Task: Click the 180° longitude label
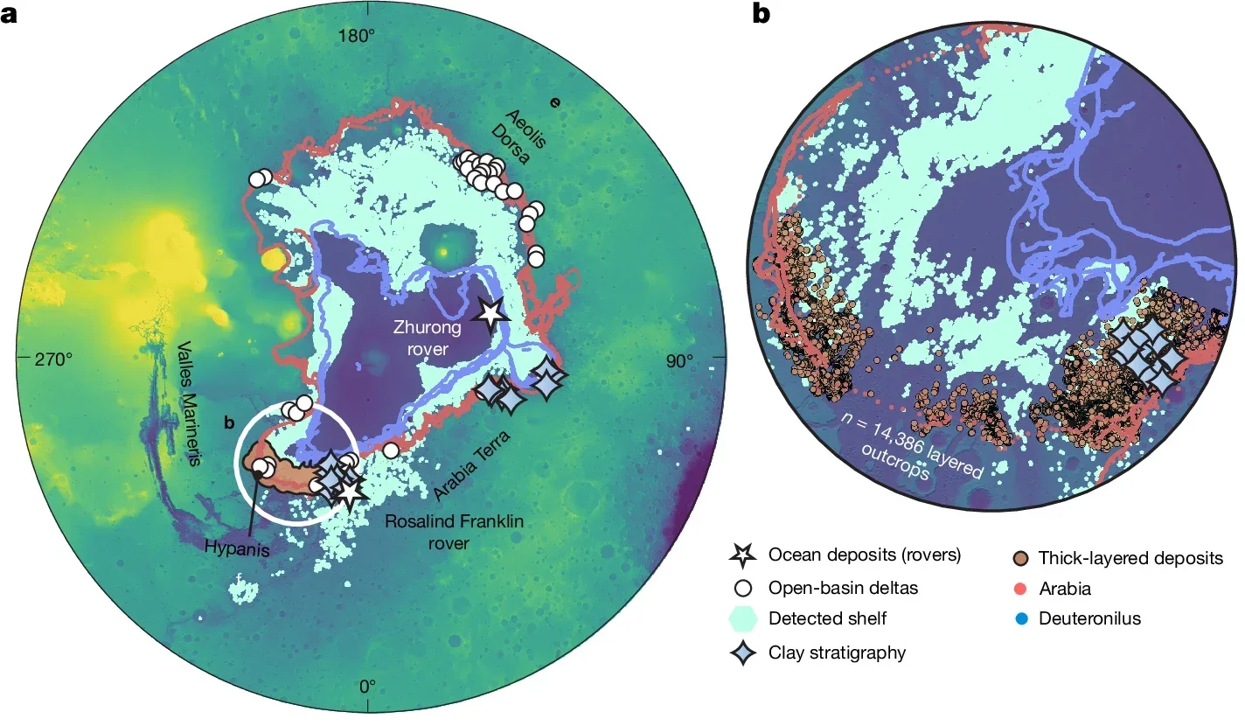pyautogui.click(x=357, y=36)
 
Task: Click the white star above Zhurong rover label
pyautogui.click(x=490, y=312)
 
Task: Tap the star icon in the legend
pyautogui.click(x=741, y=555)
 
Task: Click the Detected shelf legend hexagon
pyautogui.click(x=741, y=618)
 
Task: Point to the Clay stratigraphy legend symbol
pyautogui.click(x=741, y=653)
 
